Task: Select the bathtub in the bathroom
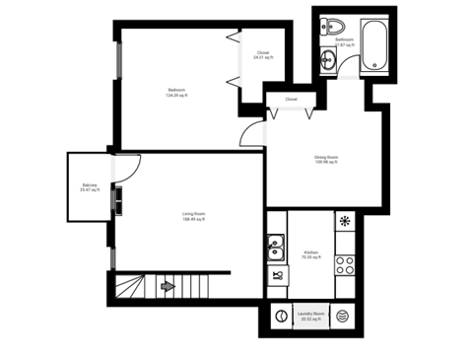tap(375, 45)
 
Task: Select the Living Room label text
tap(193, 216)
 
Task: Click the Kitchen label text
tap(309, 254)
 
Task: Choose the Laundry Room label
tap(311, 317)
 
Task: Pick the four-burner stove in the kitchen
tap(345, 264)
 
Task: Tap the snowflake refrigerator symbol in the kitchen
tap(345, 221)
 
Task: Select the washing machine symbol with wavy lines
tap(342, 317)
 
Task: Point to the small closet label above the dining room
tap(292, 101)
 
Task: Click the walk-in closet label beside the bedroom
tap(263, 55)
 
